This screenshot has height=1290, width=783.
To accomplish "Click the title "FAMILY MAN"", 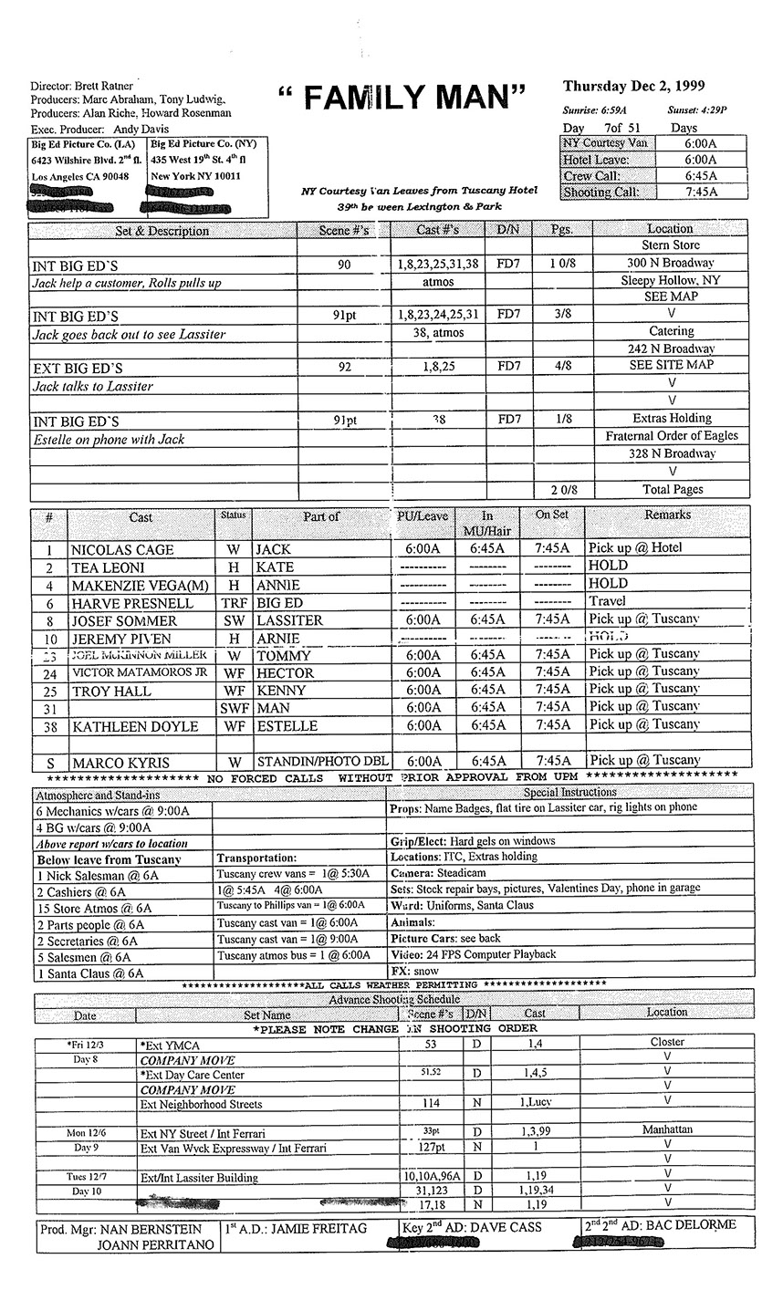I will coord(402,98).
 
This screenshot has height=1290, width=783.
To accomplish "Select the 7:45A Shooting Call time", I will coord(701,192).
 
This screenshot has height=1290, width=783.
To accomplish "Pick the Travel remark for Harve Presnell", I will coord(608,601).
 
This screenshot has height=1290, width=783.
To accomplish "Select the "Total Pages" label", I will coord(673,489).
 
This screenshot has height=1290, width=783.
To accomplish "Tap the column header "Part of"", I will coord(321,516).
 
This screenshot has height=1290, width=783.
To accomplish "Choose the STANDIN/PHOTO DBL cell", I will coord(323,762).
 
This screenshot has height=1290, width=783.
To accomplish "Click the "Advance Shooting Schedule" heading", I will coord(393,999).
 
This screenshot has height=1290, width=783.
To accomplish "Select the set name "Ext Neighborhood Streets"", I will coord(201,1104).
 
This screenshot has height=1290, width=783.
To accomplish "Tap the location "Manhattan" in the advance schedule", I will coord(667,1129).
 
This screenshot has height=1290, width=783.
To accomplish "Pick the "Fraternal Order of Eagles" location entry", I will coord(672,436).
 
